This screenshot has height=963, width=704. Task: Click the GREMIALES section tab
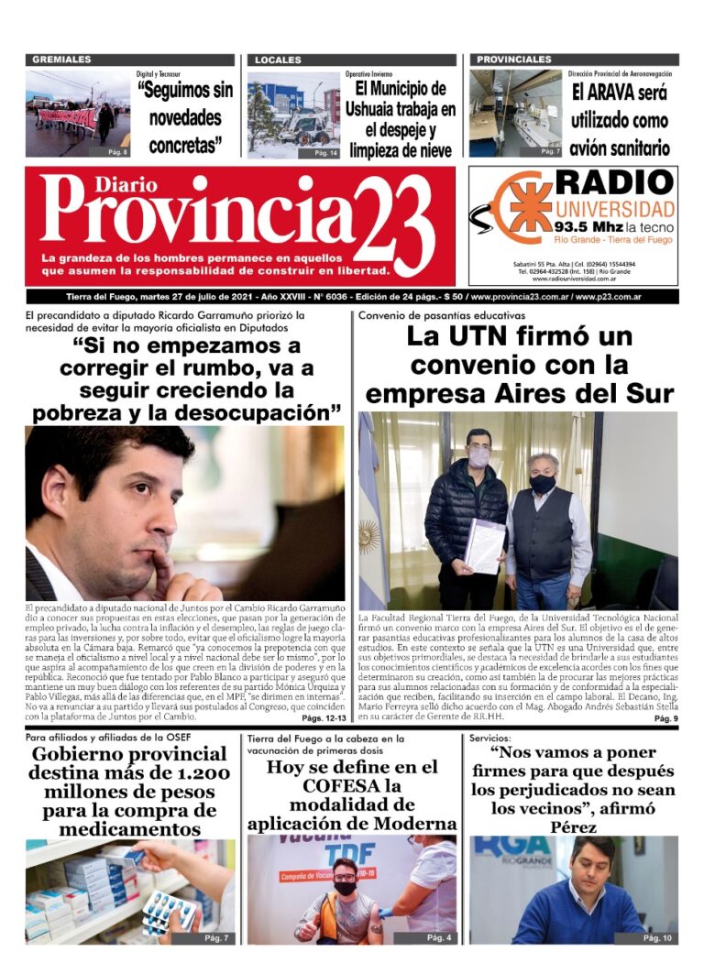pos(61,60)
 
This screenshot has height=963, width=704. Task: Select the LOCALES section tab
pos(278,60)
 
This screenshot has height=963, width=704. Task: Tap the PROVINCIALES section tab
pos(514,60)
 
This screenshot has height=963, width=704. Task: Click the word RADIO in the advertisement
pos(615,182)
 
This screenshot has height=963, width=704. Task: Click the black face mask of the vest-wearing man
pos(543,483)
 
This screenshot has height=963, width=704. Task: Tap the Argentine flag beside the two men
pos(371,531)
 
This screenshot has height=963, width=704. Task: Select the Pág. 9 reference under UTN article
pos(665,719)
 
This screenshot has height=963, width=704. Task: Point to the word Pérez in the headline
pos(574,827)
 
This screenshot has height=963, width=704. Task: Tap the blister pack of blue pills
pos(169,912)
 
